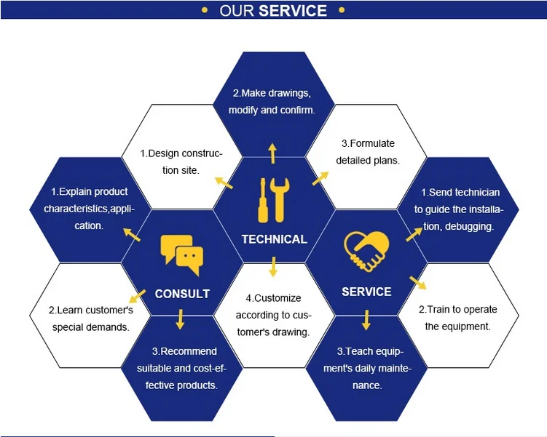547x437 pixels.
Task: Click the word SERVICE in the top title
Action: tap(293, 11)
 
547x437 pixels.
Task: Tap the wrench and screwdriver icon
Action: tap(273, 200)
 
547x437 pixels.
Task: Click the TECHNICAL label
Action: tap(274, 239)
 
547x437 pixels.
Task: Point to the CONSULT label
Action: tap(182, 294)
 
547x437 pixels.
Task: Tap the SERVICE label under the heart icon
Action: tap(366, 292)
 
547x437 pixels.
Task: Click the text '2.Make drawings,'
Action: tap(272, 93)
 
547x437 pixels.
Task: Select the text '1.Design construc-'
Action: tap(181, 153)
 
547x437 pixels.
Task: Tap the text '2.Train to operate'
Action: tap(458, 309)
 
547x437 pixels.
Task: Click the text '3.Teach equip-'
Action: tap(367, 351)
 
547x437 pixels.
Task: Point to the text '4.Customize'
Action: tap(273, 298)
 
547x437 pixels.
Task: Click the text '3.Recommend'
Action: tap(181, 351)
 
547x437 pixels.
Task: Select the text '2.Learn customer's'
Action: tap(91, 310)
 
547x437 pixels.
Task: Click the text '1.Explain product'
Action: tap(90, 192)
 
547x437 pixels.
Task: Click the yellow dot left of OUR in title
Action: tap(205, 10)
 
